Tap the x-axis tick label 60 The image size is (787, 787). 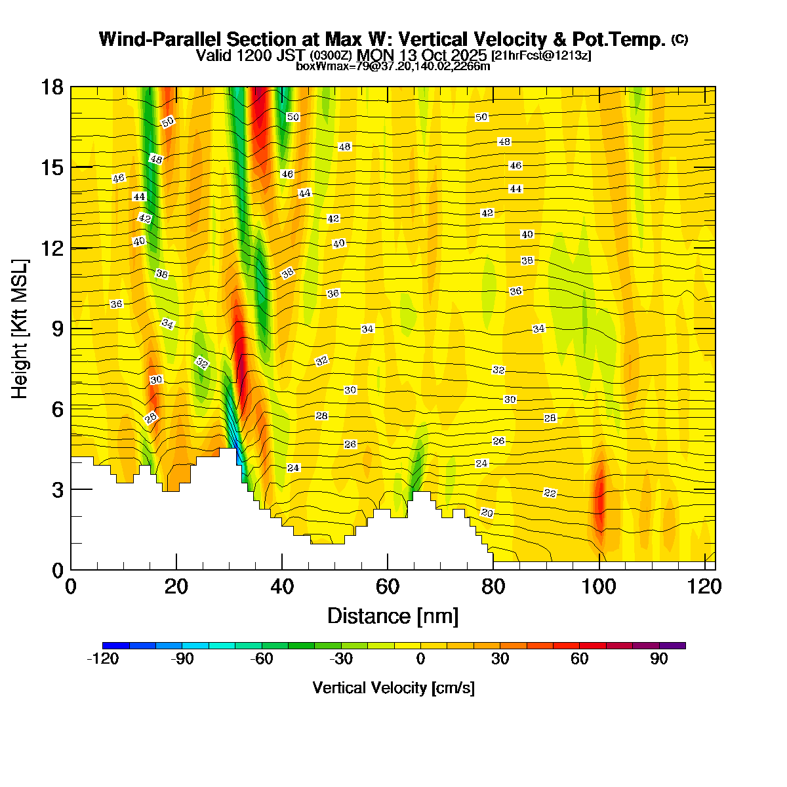pyautogui.click(x=388, y=586)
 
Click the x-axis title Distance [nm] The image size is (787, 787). pyautogui.click(x=392, y=616)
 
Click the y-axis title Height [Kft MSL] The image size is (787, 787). pyautogui.click(x=20, y=329)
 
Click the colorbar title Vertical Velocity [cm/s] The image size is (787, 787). pyautogui.click(x=393, y=688)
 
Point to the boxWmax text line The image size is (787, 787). pyautogui.click(x=393, y=66)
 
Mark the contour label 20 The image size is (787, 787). pyautogui.click(x=487, y=513)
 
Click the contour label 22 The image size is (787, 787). pyautogui.click(x=550, y=493)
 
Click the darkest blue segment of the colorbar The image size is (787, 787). pyautogui.click(x=116, y=645)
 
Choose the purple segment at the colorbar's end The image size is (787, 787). pyautogui.click(x=672, y=645)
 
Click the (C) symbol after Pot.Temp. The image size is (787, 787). pyautogui.click(x=679, y=39)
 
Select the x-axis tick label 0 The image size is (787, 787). pyautogui.click(x=71, y=586)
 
